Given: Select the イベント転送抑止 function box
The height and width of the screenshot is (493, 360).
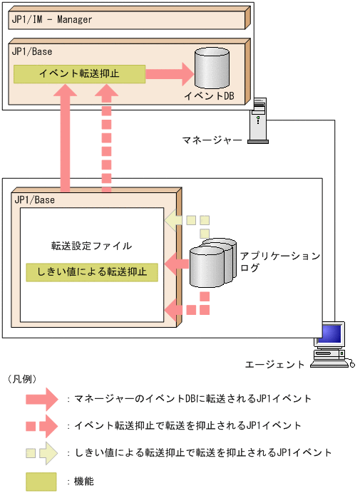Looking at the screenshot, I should coord(78,73).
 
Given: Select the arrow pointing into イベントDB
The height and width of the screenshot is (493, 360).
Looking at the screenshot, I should coord(170,73).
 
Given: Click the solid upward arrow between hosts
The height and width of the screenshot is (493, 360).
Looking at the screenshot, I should coord(66,135).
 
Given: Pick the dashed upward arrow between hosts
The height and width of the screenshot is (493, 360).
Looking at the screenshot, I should coord(107,135).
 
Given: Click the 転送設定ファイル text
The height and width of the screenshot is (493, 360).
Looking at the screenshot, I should coord(91,245).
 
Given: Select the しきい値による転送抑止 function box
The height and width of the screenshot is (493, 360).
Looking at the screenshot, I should coord(91,271).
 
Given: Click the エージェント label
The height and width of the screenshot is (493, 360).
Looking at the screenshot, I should coord(274,364).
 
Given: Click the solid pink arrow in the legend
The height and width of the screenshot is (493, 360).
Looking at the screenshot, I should coord(45,398).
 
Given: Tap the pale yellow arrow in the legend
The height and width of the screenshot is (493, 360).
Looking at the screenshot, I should coord(45,452).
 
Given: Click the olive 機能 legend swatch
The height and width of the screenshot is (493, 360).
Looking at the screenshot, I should coord(41,482).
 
